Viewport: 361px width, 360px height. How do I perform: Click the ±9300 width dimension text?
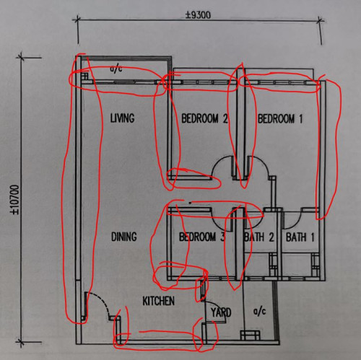198,15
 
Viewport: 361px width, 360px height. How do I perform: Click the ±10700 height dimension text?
14,199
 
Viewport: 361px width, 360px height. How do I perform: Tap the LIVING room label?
122,118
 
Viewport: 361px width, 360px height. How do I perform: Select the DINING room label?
124,237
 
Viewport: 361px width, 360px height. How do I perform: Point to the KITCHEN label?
158,301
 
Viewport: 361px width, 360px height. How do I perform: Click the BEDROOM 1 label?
280,118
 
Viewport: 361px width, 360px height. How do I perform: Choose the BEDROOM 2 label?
204,118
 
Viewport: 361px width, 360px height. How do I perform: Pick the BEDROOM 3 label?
202,237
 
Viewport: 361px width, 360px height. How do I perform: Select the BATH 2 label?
259,237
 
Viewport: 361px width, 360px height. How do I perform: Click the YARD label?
221,312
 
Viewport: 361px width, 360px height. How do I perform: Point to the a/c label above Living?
116,69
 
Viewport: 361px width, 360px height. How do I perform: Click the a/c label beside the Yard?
260,312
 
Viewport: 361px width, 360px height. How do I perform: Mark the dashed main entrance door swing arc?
103,301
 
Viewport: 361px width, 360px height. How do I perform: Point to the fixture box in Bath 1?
316,265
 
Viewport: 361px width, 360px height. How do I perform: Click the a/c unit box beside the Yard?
251,335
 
